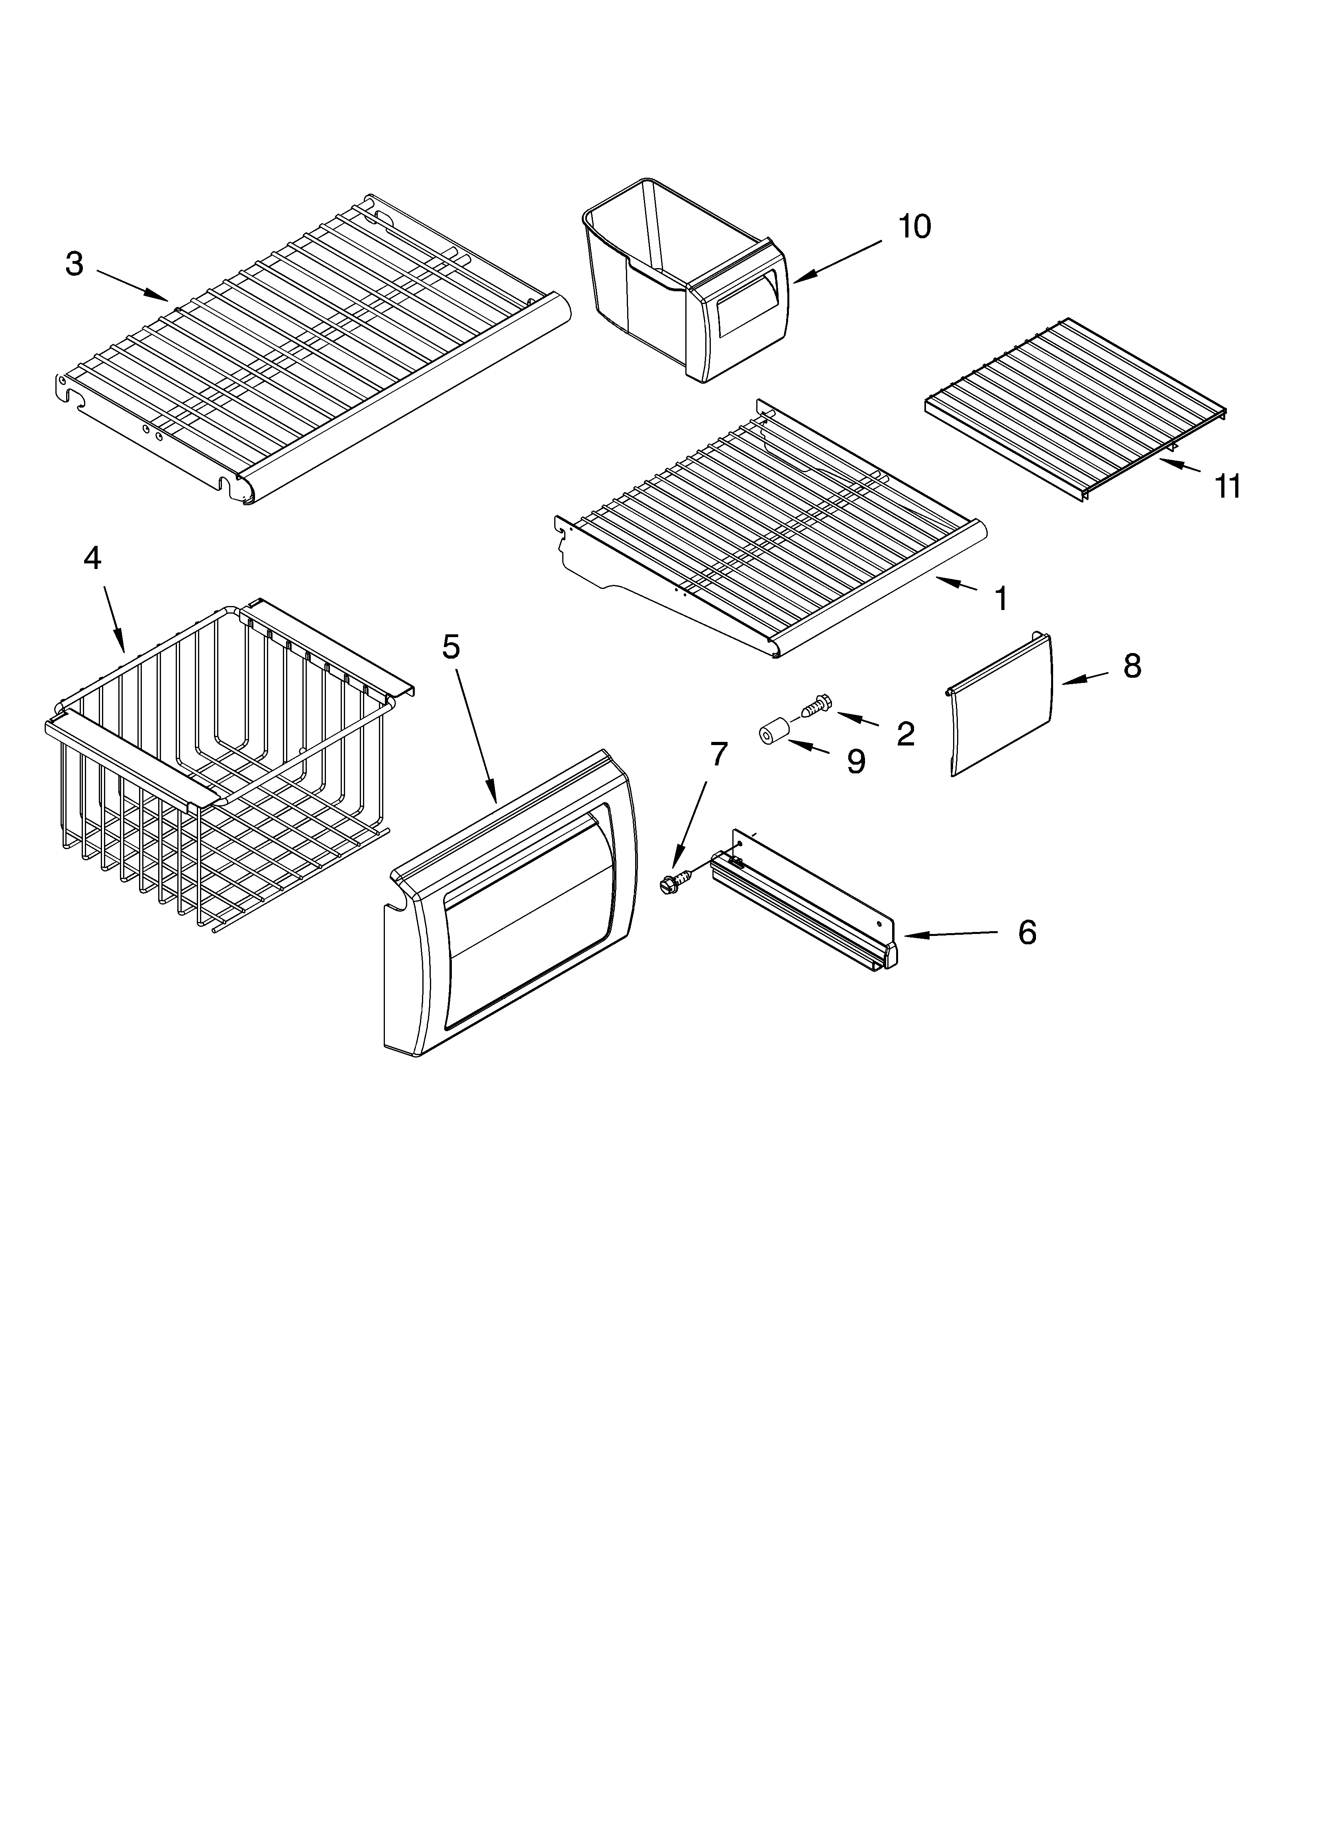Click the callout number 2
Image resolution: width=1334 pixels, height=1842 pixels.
tap(905, 734)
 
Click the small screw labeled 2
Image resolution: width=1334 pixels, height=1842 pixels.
tap(812, 704)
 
